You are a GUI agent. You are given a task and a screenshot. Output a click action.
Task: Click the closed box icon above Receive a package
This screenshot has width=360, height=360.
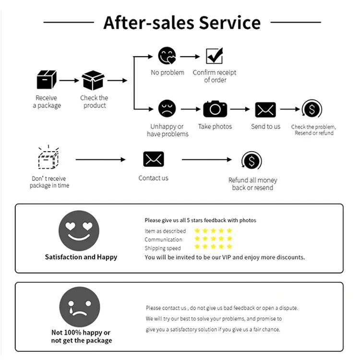click(47, 80)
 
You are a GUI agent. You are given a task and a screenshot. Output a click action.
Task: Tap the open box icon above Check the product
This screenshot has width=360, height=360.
click(93, 80)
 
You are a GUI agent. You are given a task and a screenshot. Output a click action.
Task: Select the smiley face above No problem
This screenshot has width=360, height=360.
click(167, 56)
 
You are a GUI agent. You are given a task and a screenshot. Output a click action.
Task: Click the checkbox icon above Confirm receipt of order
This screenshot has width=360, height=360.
click(214, 56)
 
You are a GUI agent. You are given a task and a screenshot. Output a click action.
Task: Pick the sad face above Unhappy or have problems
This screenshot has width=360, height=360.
click(167, 109)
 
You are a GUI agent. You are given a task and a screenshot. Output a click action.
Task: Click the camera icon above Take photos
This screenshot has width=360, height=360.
click(215, 109)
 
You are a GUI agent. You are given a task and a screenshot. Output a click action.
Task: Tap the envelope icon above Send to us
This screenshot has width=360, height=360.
click(265, 109)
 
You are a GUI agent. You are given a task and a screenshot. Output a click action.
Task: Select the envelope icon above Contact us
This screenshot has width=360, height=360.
click(154, 159)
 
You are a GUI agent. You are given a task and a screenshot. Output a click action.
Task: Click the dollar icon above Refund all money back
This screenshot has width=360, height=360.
click(252, 161)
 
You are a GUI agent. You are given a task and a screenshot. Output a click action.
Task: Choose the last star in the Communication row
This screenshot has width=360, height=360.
click(229, 239)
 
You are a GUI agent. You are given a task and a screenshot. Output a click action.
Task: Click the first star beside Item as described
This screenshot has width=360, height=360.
click(197, 231)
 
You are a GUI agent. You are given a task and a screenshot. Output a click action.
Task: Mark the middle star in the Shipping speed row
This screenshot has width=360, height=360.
click(213, 247)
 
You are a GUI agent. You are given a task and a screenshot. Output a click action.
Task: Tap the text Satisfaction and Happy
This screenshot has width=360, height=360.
click(81, 257)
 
